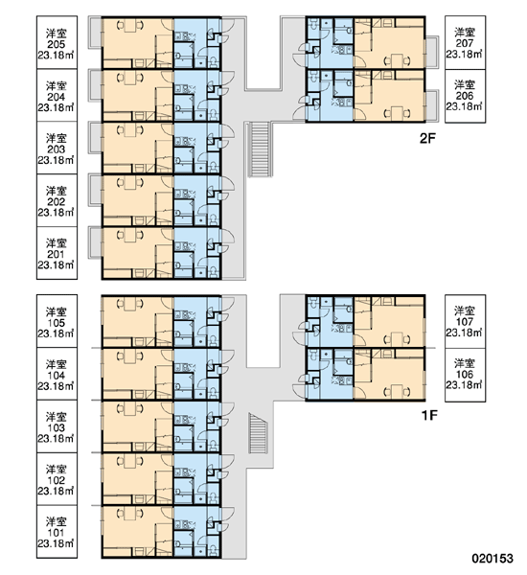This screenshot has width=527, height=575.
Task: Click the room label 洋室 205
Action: coord(57,39)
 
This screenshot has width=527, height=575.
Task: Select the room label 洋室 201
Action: coord(57,248)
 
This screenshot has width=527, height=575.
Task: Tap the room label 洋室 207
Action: coord(465,37)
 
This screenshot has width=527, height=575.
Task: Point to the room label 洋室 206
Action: coord(465,90)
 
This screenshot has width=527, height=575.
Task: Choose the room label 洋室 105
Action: coord(57,317)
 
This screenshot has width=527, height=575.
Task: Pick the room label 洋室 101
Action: coord(57,527)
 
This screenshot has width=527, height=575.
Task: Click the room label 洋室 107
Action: coord(465,316)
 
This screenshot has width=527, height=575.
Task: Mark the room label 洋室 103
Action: coord(57,423)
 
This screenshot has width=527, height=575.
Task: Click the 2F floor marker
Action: coord(427,139)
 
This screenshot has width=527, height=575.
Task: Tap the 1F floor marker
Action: coord(429,416)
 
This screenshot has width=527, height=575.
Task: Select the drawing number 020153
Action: coord(493,559)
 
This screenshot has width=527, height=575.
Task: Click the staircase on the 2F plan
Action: coord(260,149)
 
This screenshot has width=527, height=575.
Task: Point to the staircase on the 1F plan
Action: coord(258,433)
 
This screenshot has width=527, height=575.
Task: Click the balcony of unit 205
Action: coord(96,32)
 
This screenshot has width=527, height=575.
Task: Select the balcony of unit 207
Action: coord(431,52)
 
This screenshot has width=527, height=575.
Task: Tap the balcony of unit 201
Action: coord(96,242)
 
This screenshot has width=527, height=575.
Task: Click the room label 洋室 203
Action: coord(57,144)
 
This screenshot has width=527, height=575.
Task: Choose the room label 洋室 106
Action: coord(465,369)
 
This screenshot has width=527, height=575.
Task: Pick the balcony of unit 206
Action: coord(431,105)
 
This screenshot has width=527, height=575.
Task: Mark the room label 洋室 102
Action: coord(57,475)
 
